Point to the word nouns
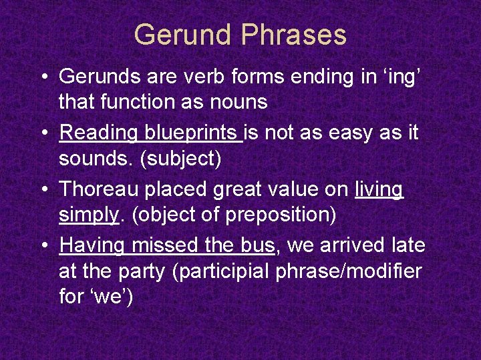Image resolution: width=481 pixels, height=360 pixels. [238, 102]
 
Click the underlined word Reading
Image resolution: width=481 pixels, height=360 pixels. [99, 133]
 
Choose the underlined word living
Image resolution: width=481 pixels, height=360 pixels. [379, 189]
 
